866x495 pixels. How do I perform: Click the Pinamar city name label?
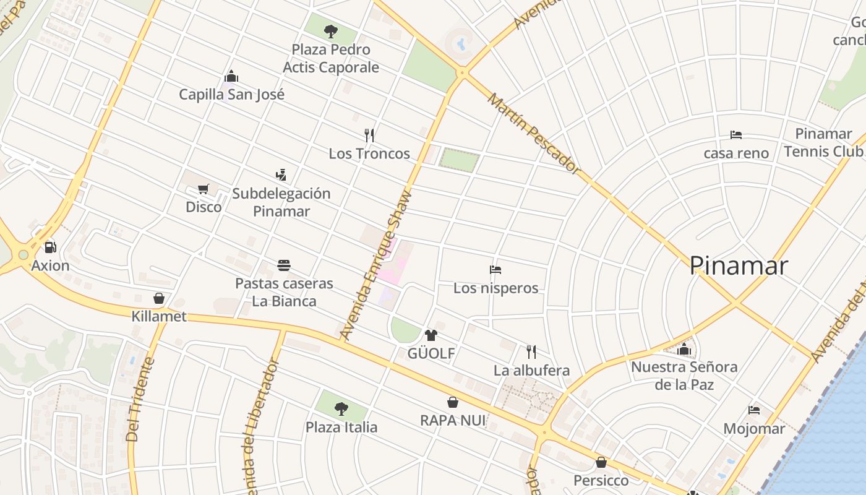coord(739,265)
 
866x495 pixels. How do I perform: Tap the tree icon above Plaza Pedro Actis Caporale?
coord(331,30)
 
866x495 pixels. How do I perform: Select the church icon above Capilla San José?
coord(231,76)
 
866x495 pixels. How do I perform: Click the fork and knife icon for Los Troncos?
coord(369,135)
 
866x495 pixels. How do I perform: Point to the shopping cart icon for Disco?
coord(204,189)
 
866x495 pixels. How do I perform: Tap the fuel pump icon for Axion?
coord(50,247)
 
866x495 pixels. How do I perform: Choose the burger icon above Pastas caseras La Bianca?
coord(284,265)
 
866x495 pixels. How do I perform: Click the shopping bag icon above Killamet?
coord(159,298)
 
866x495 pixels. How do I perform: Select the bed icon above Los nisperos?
coord(495,270)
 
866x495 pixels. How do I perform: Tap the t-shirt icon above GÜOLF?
coord(431,335)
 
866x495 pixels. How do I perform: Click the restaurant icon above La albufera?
coord(531,352)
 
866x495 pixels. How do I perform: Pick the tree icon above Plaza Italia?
coord(341,408)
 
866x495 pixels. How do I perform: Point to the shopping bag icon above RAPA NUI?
coord(453,402)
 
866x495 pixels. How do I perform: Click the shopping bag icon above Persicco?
coord(601,462)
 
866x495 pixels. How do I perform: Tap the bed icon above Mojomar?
coord(754,410)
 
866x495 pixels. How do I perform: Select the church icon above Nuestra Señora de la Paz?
coord(684,349)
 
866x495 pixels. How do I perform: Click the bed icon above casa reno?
coord(736,134)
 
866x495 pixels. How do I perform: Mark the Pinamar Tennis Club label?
coord(823,142)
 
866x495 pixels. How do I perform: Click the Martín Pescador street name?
coord(534,133)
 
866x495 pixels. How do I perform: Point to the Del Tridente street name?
coord(139,399)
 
